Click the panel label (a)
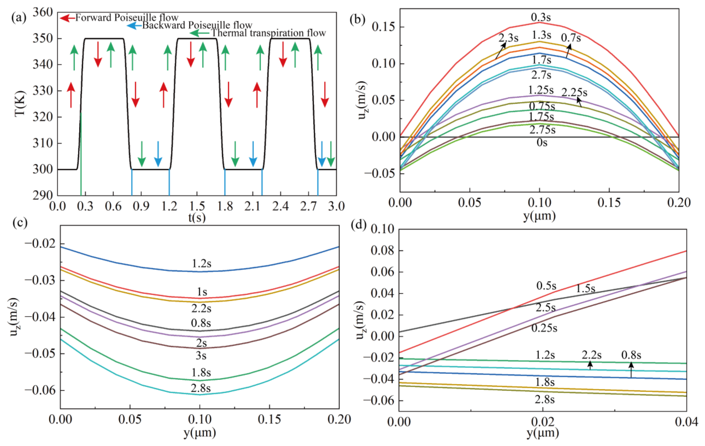(x=19, y=17)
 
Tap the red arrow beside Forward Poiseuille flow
(x=67, y=18)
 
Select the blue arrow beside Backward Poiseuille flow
(x=134, y=26)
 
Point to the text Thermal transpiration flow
(x=268, y=33)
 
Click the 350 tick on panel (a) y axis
(x=43, y=38)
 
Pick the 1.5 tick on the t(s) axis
(x=197, y=206)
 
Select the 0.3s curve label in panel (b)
(x=541, y=17)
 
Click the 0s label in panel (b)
(x=542, y=143)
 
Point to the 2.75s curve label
(x=543, y=130)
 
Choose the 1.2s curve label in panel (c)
(x=201, y=264)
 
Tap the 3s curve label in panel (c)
(x=201, y=356)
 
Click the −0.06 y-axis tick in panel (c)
(x=40, y=390)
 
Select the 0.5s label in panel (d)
(x=546, y=286)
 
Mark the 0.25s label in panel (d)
(x=544, y=328)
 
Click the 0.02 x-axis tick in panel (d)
(x=543, y=422)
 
